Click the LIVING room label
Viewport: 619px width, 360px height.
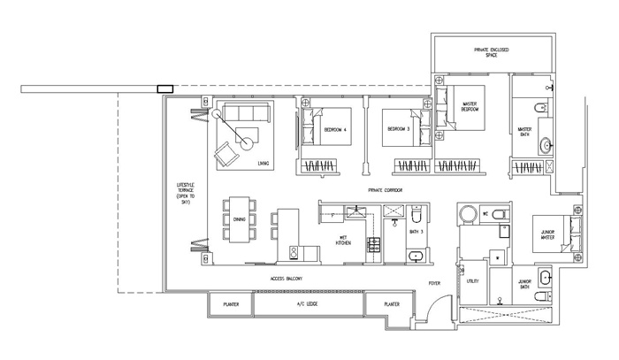(263, 164)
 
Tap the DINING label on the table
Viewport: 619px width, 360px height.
(240, 219)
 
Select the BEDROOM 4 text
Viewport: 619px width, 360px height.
(336, 130)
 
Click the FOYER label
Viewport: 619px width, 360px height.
(434, 283)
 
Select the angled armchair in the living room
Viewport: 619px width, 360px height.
(227, 154)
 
